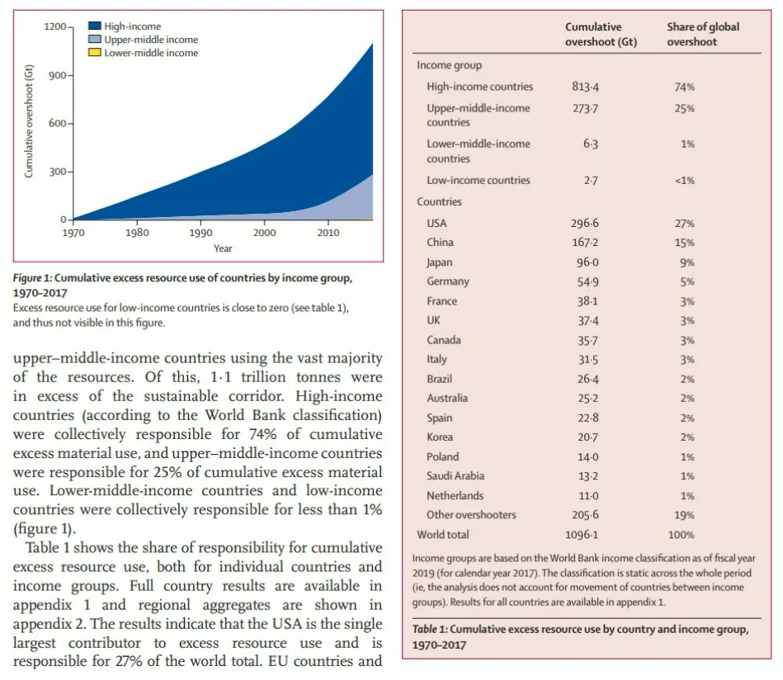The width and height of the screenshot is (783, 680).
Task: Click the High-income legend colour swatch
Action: pos(95,26)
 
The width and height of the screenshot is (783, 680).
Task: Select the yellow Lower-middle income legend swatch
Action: pos(95,53)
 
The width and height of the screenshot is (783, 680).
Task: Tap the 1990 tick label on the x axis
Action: pos(200,233)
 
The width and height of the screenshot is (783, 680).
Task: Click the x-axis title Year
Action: pos(223,248)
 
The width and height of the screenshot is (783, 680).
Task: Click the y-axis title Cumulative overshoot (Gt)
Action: pos(29,121)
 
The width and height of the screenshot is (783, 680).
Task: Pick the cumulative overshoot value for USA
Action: pos(585,224)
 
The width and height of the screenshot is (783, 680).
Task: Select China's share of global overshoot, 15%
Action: pos(685,243)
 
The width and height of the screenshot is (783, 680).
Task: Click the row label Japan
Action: pos(440,262)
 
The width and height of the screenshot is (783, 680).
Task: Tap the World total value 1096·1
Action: pos(582,535)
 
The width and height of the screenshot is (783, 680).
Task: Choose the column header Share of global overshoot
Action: pos(703,35)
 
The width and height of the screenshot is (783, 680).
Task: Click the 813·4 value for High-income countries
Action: pos(585,87)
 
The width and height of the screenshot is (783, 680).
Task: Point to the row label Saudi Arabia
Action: pos(455,476)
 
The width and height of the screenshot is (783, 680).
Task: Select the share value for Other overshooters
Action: pos(685,515)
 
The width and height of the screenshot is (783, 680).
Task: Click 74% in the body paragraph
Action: pos(262,434)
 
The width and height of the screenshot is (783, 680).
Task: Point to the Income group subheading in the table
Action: pos(450,65)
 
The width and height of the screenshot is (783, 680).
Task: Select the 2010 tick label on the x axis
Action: pos(328,233)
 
